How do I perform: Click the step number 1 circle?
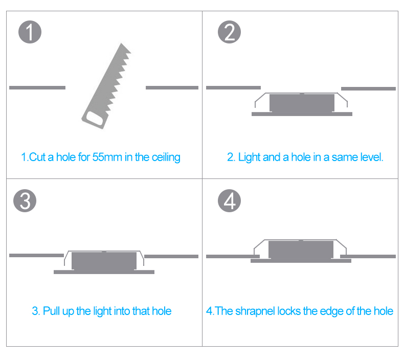pos(30,32)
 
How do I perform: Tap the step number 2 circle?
pos(229,32)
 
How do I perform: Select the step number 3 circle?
pos(25,201)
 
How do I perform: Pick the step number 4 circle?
pos(229,201)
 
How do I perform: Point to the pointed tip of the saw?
pos(121,43)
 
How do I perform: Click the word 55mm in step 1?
pos(107,157)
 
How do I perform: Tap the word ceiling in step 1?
pos(166,157)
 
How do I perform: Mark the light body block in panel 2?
pos(302,103)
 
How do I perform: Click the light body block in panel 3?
pos(104,261)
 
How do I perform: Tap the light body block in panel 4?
pos(301,250)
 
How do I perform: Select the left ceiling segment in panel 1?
pos(37,87)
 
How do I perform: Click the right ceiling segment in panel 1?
pos(172,87)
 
